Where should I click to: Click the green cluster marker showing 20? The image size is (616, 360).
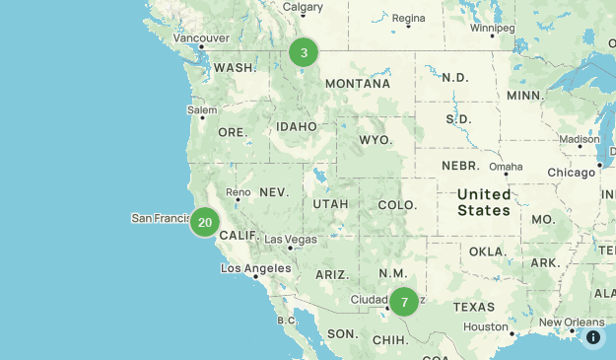point(205,222)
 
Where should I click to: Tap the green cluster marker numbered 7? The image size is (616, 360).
point(404,302)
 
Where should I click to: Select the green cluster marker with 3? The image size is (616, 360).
point(304,52)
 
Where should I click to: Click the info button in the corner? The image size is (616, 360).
point(593,337)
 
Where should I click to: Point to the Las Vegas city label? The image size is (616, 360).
point(291,240)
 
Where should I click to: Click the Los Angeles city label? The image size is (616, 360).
point(255,268)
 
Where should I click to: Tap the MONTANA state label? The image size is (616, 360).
point(358,84)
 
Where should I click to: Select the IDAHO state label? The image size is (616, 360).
point(297,127)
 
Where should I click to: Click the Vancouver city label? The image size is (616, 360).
point(201,38)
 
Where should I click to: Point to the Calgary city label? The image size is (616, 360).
point(303,7)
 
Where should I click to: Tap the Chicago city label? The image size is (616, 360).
point(572,173)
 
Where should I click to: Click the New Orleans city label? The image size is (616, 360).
point(572,323)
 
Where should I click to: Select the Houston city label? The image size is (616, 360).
point(486,326)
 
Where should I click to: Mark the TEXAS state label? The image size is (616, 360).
point(474,307)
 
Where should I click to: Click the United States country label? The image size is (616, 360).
point(484,202)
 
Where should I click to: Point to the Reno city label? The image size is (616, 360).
point(239,191)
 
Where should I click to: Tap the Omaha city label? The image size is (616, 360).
point(506,166)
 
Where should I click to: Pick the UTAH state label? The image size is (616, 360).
point(330,204)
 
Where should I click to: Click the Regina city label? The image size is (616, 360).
point(408,18)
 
